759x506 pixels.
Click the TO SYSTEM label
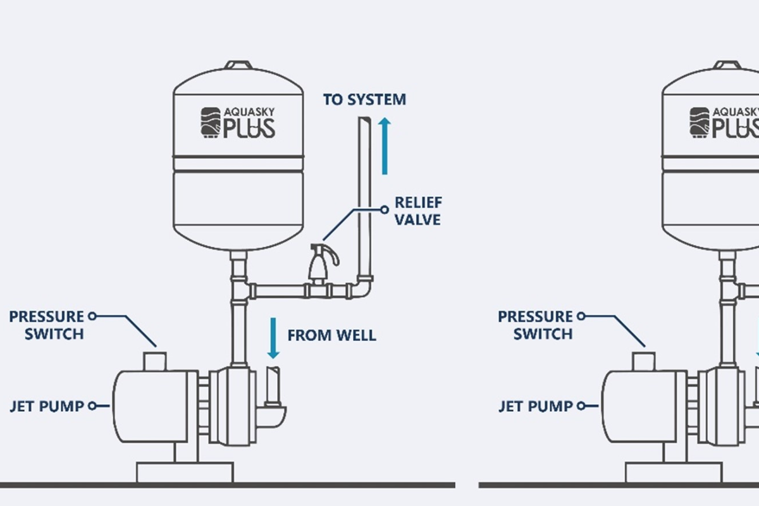pyautogui.click(x=364, y=99)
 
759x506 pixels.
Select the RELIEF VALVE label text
pyautogui.click(x=418, y=211)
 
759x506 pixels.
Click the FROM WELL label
pyautogui.click(x=331, y=335)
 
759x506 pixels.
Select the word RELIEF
pyautogui.click(x=418, y=203)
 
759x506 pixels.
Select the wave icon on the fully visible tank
pyautogui.click(x=211, y=122)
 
